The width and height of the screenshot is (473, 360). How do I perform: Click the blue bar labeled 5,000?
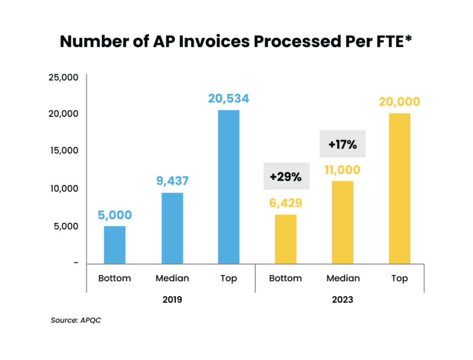(114, 244)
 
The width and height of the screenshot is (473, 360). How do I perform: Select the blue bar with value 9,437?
(172, 228)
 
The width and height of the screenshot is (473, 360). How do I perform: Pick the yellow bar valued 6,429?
(286, 238)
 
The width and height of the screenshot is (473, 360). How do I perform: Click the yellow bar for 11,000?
(342, 221)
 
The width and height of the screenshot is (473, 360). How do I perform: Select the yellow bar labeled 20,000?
(399, 188)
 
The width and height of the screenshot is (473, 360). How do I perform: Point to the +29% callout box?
(286, 176)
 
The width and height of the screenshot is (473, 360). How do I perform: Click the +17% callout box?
(342, 144)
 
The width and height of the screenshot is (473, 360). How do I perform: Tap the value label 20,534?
(228, 98)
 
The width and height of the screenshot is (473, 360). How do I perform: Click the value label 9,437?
(172, 181)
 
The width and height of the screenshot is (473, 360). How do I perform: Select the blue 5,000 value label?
(114, 215)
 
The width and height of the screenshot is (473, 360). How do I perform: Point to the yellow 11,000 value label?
(342, 169)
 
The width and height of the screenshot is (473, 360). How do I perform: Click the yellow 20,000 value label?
(399, 101)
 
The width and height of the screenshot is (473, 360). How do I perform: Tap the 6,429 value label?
(286, 203)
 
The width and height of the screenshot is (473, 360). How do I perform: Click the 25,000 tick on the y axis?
(63, 77)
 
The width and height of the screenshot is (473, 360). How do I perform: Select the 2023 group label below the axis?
(342, 300)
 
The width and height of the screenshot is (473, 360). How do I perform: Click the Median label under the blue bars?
(172, 279)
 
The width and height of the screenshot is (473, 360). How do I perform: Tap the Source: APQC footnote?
(76, 320)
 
